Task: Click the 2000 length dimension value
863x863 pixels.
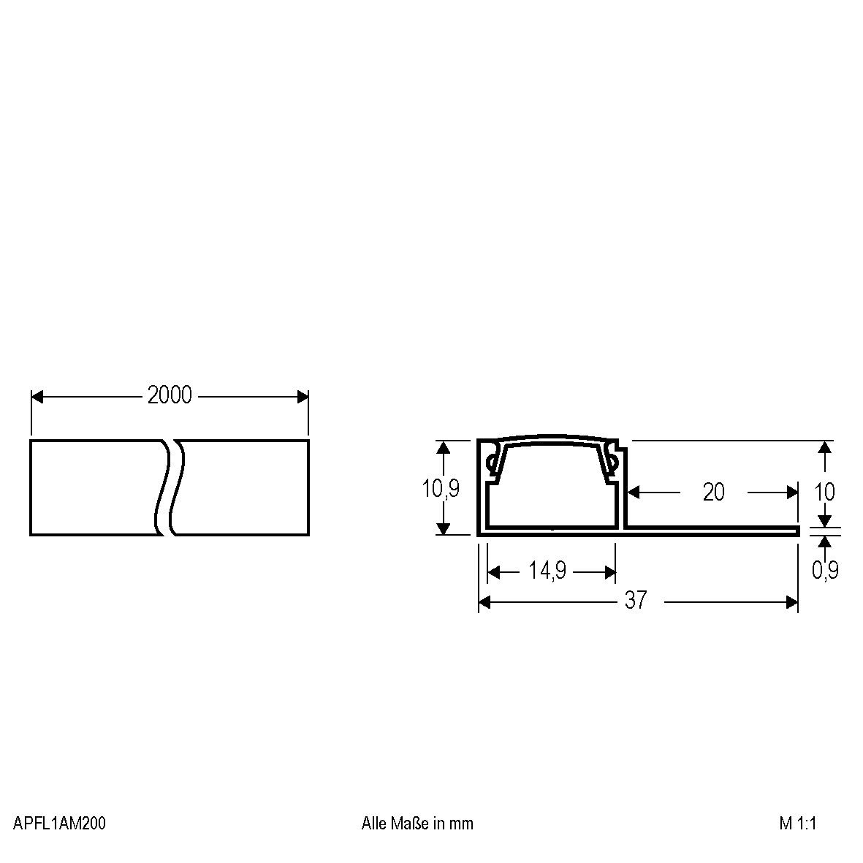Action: tap(170, 395)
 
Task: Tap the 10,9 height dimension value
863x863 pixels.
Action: tap(441, 488)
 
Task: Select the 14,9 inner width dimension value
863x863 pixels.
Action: tap(548, 571)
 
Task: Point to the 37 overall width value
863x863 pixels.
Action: tap(636, 600)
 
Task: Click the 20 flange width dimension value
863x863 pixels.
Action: tap(713, 493)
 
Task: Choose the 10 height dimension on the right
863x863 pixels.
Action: tap(824, 492)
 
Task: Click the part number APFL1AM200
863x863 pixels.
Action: tap(59, 824)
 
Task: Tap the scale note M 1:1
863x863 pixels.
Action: tap(797, 824)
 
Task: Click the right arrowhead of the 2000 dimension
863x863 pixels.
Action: tap(302, 397)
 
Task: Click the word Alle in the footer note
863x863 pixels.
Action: tap(373, 824)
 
